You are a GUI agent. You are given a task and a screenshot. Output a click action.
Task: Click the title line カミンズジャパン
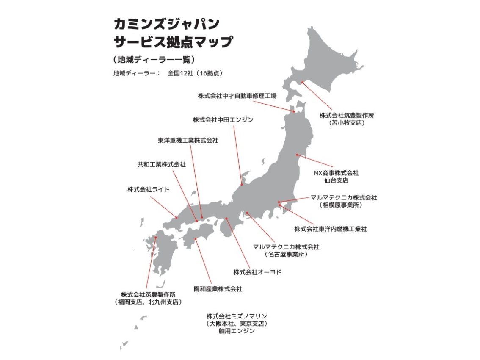pyautogui.click(x=166, y=25)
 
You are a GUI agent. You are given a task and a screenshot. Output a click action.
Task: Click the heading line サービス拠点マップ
pyautogui.click(x=173, y=42)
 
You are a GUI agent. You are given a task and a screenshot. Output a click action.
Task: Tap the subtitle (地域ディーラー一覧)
pyautogui.click(x=154, y=59)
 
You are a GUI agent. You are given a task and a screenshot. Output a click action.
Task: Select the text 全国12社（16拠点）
pyautogui.click(x=195, y=73)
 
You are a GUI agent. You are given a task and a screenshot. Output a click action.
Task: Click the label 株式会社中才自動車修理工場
pyautogui.click(x=237, y=96)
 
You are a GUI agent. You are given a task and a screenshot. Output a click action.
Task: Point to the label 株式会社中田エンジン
pyautogui.click(x=223, y=120)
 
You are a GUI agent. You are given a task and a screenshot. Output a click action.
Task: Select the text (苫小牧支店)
pyautogui.click(x=347, y=123)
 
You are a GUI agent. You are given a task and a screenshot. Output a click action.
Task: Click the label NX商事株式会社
pyautogui.click(x=336, y=173)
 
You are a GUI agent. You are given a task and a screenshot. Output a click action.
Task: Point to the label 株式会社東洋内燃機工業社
pyautogui.click(x=330, y=229)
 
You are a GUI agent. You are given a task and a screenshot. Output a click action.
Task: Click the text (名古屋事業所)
pyautogui.click(x=286, y=255)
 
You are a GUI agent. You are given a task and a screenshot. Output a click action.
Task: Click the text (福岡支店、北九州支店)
pyautogui.click(x=148, y=302)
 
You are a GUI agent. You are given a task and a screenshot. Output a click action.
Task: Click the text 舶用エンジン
pyautogui.click(x=237, y=331)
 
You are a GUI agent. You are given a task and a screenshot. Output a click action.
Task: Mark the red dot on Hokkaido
pyautogui.click(x=303, y=82)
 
